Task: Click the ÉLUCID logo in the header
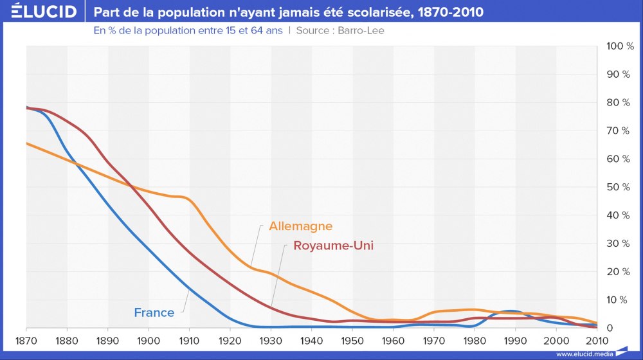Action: pos(40,12)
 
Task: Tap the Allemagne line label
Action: pos(300,226)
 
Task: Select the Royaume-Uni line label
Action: pos(333,246)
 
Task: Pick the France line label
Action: pos(154,313)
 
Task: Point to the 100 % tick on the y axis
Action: pos(620,46)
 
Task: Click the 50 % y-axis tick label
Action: pos(620,187)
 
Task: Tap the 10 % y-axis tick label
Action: pos(620,300)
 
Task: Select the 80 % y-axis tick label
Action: pos(620,103)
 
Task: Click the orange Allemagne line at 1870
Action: pos(27,143)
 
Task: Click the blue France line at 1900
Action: pos(149,248)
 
